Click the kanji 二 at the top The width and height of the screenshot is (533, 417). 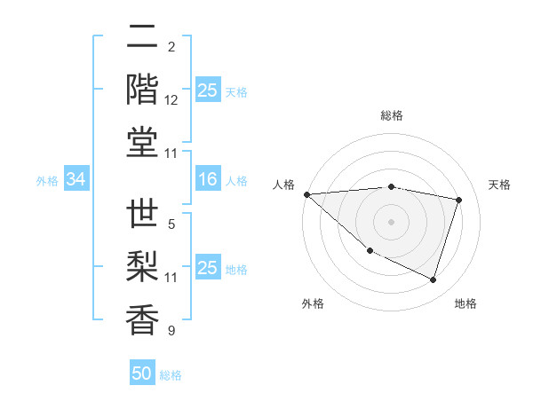[142, 38]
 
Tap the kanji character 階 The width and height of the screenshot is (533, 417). [142, 89]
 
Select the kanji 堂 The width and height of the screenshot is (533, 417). [142, 142]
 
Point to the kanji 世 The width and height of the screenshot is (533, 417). [142, 216]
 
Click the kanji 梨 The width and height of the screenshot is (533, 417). [142, 267]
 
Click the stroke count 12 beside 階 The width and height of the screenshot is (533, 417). [171, 101]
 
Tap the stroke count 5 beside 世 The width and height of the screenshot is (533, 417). [171, 224]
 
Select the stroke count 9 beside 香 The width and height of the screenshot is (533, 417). [171, 331]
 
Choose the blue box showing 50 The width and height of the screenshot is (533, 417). [142, 374]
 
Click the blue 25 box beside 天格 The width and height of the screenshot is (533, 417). [208, 90]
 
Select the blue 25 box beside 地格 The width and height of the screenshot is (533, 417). [208, 268]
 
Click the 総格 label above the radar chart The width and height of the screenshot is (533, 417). [391, 115]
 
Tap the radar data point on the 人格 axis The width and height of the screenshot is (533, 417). [306, 194]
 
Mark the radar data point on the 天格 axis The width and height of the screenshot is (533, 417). [458, 200]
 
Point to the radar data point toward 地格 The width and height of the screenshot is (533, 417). [433, 280]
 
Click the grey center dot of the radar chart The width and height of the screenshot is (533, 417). [391, 222]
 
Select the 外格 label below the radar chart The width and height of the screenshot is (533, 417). [313, 303]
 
